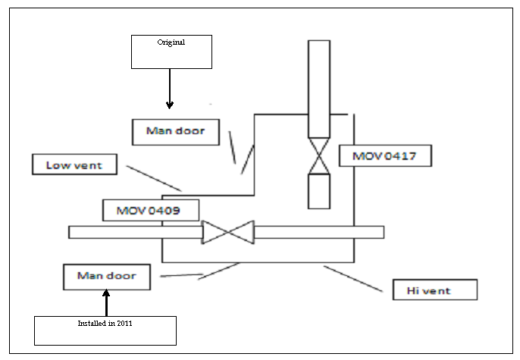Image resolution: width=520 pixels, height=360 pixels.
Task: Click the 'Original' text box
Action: tap(171, 52)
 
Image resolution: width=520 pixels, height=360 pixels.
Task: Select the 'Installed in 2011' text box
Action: tap(105, 330)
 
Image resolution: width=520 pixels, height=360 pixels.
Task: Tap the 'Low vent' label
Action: tap(74, 164)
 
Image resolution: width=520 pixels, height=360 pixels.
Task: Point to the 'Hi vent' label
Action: tap(434, 290)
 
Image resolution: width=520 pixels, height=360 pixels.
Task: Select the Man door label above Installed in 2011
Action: tap(106, 276)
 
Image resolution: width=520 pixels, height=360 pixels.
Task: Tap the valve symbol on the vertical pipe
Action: tap(319, 157)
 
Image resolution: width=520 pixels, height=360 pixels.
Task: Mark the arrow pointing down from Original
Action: tap(170, 88)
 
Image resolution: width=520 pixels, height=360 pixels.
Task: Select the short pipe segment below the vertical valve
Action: tap(319, 190)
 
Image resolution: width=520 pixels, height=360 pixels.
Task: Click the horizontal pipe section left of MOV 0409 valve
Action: tap(135, 232)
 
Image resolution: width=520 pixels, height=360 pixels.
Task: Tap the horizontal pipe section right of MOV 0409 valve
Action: tap(318, 232)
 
